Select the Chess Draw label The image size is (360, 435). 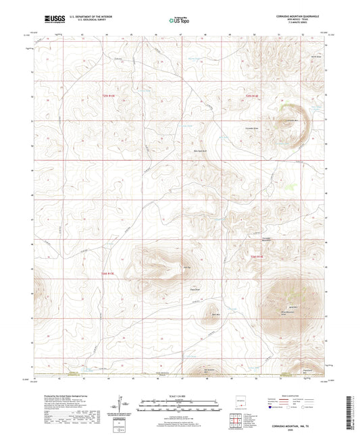coord(193,290)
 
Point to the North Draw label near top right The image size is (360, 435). coord(315,56)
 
